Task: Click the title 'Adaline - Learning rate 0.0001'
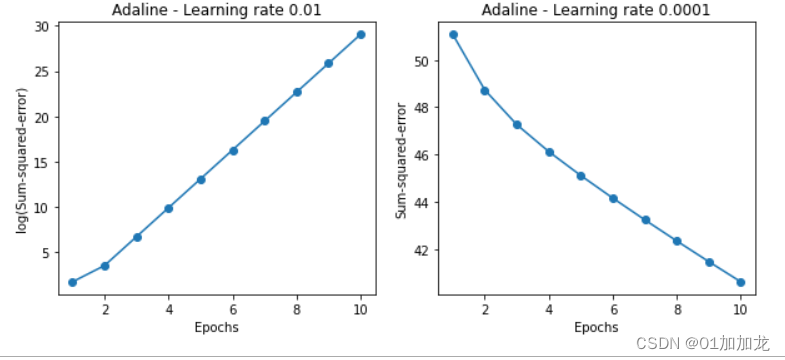tap(596, 11)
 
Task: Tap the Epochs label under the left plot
tap(216, 327)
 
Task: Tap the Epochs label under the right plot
tap(596, 327)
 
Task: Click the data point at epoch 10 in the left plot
tap(360, 34)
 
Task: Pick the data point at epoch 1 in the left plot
tap(72, 282)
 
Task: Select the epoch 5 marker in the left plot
tap(200, 180)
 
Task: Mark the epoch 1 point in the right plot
tap(453, 34)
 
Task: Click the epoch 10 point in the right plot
tap(740, 282)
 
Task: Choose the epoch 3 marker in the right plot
tap(517, 125)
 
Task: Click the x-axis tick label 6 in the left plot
tap(232, 308)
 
